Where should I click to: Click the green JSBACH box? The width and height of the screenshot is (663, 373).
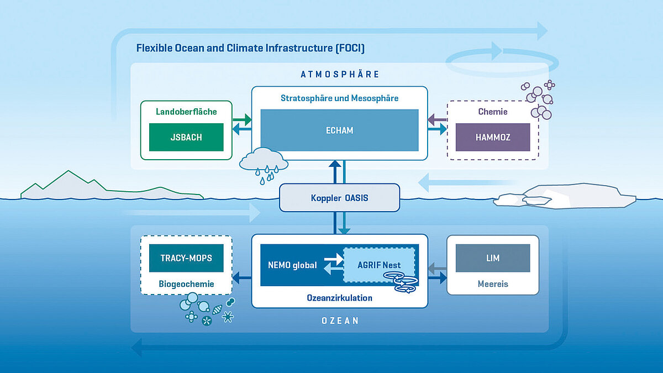(186, 137)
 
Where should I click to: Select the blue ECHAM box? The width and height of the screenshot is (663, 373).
(339, 130)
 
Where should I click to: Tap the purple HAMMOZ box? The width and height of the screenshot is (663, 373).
(492, 137)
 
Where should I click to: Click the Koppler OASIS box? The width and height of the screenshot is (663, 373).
(339, 198)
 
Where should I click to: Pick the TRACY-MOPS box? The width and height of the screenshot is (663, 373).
(186, 258)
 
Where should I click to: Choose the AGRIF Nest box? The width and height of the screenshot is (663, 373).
(379, 265)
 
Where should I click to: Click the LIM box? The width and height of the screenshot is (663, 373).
(492, 258)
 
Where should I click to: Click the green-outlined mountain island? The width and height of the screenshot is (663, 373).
(83, 188)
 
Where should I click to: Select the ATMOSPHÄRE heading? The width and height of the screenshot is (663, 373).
(339, 74)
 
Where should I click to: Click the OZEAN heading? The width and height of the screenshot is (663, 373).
(339, 321)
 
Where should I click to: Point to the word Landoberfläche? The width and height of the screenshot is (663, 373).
(186, 112)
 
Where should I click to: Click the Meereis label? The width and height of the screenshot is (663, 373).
(492, 284)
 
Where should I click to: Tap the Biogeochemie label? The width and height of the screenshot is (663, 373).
(186, 284)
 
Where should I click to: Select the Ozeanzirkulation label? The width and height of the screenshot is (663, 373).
(339, 298)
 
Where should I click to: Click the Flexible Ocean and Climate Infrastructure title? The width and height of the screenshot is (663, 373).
(250, 48)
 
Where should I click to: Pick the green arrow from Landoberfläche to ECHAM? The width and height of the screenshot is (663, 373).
(241, 118)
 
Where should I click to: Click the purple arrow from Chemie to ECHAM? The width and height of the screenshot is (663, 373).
(437, 118)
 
